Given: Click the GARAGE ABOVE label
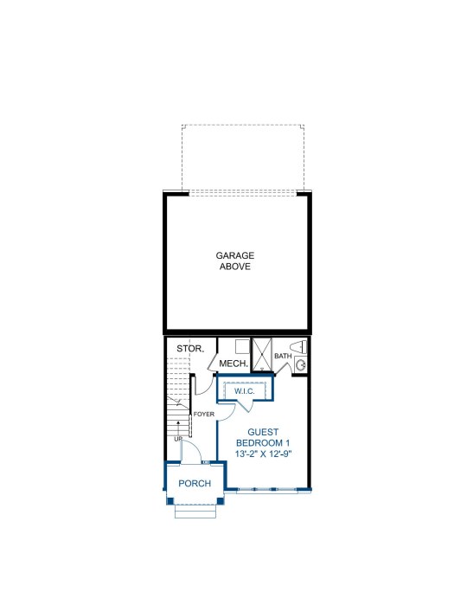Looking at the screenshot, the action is click(x=235, y=261).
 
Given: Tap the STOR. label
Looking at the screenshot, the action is click(x=190, y=349).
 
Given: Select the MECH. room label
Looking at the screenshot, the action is click(x=233, y=363).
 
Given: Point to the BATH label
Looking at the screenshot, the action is click(x=283, y=356).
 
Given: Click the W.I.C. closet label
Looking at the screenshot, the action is click(x=245, y=391).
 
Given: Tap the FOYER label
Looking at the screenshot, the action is click(x=203, y=414).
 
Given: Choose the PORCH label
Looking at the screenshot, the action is click(x=195, y=483).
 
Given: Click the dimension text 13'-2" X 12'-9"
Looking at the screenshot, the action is click(x=264, y=454).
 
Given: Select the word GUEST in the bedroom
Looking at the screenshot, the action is click(x=263, y=432).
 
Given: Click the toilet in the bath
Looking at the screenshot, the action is click(x=298, y=346).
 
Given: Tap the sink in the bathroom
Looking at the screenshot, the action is click(x=300, y=364).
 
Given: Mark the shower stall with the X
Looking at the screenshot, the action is click(x=262, y=354).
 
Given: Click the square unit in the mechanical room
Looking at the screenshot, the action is click(x=242, y=346).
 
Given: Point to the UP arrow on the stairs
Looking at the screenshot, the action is click(x=178, y=428).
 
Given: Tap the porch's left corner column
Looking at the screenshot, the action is click(x=170, y=501).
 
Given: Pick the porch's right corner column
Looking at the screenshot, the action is click(x=221, y=501).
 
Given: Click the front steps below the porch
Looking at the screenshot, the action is click(x=195, y=511).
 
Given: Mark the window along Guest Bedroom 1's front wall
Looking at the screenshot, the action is click(x=267, y=490).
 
